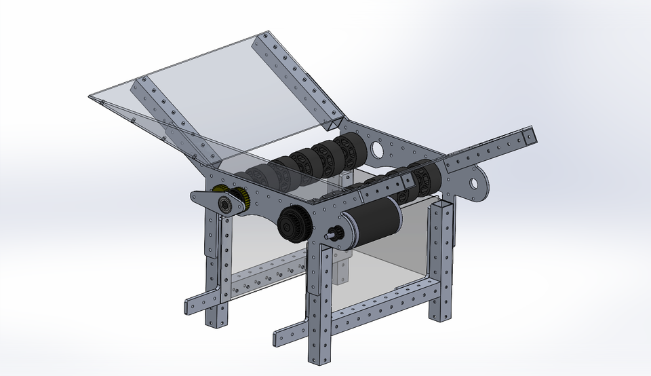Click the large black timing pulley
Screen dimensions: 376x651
point(294,223)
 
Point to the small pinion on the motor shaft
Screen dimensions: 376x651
point(333,236)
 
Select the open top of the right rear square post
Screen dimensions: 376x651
point(443,204)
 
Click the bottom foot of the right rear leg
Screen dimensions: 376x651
point(438,316)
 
